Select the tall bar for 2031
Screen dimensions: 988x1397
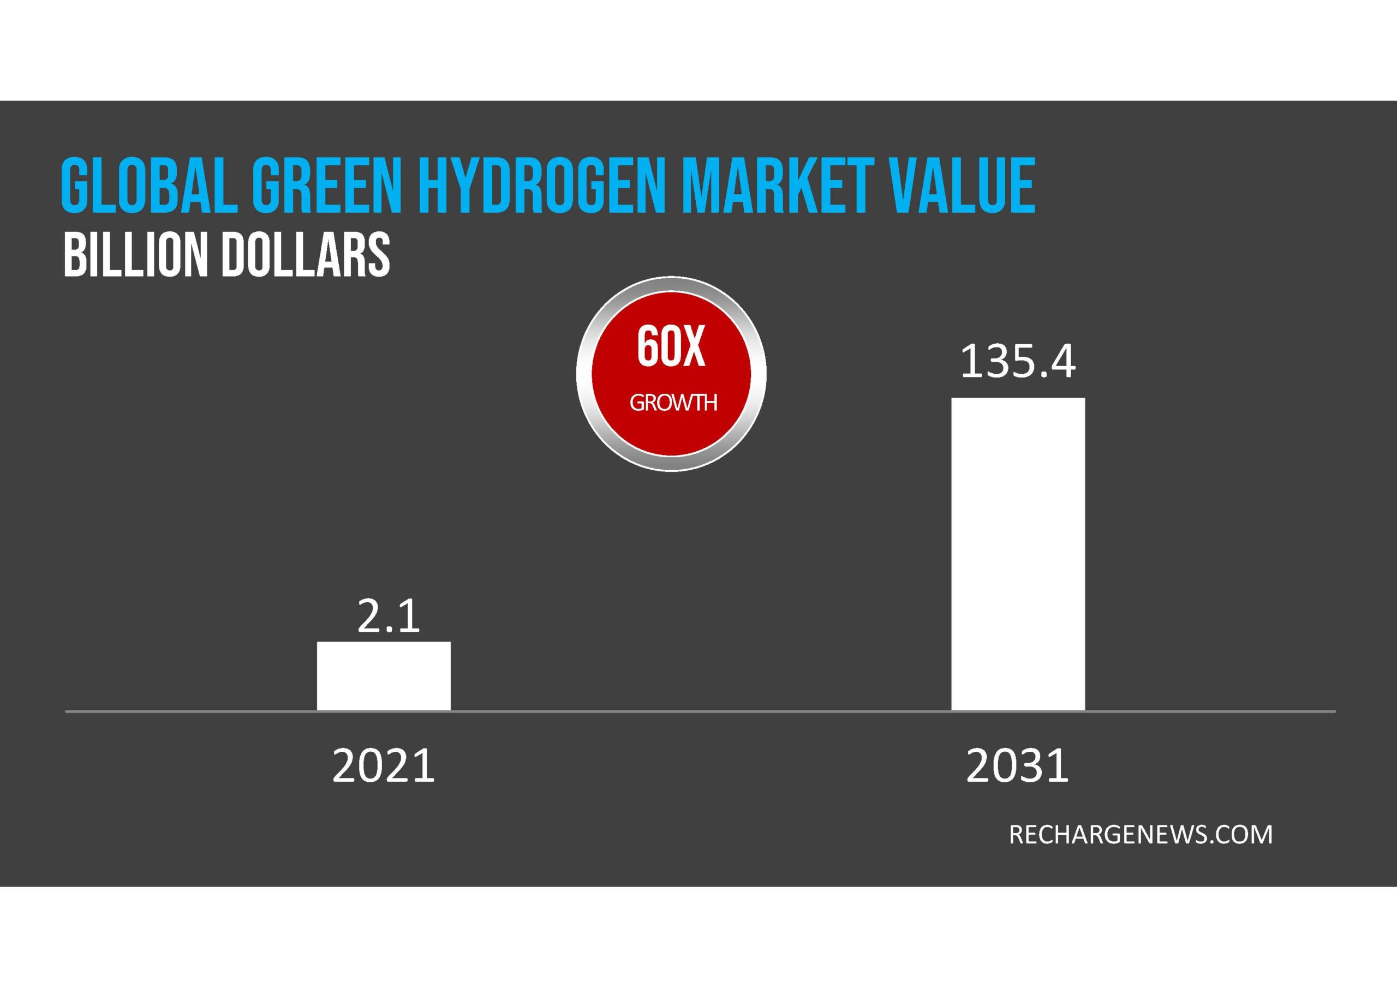coord(1018,554)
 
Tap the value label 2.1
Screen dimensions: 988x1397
coord(388,616)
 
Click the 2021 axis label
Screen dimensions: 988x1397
coord(383,765)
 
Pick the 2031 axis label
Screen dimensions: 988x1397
coord(1017,765)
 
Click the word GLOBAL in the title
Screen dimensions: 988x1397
coord(149,185)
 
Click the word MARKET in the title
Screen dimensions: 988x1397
coord(778,185)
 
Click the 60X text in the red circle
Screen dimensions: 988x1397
coord(671,347)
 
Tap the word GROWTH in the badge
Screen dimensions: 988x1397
coord(673,402)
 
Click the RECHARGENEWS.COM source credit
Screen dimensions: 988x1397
coord(1140,834)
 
